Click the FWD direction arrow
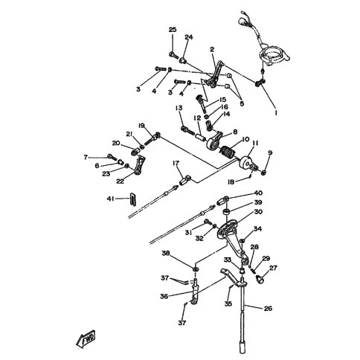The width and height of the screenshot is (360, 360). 86,339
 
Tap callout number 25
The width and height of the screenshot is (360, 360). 173,30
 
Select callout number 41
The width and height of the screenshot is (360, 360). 111,199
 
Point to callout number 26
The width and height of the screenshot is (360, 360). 268,309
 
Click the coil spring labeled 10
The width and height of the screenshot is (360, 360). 228,153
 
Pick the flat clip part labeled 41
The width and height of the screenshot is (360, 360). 133,199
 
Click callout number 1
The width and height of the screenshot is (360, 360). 276,113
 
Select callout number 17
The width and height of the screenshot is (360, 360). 176,163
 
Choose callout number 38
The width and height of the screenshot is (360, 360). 166,253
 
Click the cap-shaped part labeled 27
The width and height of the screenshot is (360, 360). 260,280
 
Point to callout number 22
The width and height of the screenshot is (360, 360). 120,181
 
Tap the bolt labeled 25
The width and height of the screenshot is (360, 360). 174,55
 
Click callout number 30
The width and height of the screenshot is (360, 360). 258,212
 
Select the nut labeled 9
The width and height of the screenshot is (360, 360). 264,173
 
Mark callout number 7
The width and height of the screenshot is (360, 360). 86,157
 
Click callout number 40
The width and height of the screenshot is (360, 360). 258,193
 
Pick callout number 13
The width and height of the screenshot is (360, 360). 179,108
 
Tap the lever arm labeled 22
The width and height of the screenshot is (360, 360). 138,164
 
